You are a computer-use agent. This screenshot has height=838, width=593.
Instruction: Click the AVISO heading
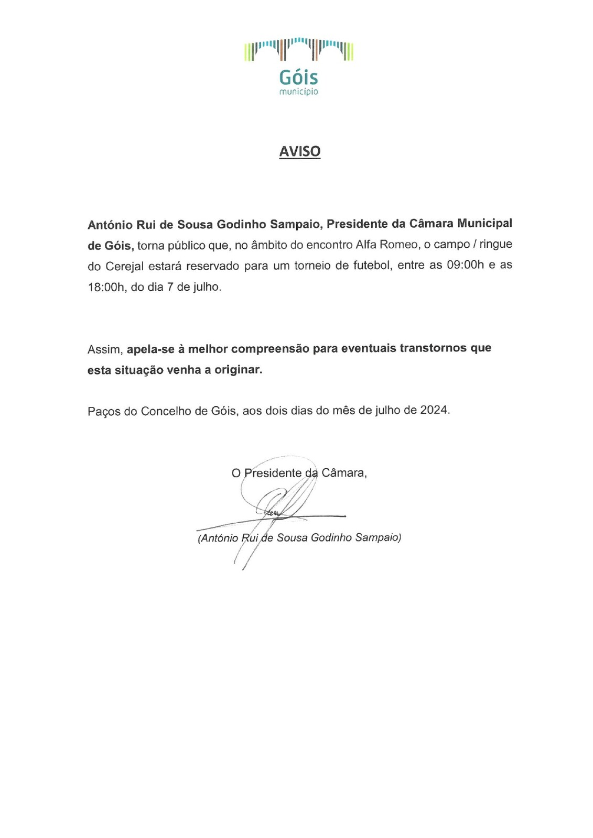[299, 151]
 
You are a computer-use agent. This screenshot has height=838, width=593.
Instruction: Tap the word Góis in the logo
[298, 78]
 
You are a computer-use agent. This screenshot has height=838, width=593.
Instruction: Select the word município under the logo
[298, 92]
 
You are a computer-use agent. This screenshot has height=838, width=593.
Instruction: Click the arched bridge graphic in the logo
[299, 49]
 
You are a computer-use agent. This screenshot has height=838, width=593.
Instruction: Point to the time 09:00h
[465, 265]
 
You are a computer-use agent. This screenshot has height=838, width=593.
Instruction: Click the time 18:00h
[107, 287]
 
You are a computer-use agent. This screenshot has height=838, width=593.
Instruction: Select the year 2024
[434, 410]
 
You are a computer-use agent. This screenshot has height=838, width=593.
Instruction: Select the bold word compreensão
[271, 348]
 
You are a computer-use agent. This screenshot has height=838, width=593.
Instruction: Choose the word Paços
[103, 411]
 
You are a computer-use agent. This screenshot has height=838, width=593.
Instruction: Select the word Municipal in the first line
[484, 223]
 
